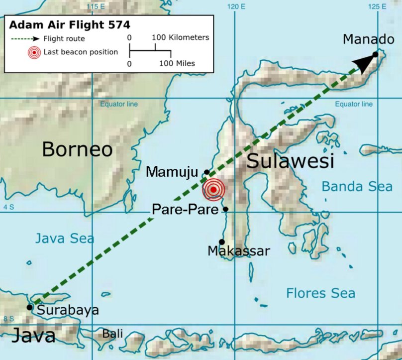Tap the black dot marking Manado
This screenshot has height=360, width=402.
point(375,54)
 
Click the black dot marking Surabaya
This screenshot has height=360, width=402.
point(30,307)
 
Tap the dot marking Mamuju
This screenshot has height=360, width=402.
point(207,172)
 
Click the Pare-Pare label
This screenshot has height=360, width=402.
point(185,210)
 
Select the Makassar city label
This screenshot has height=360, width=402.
point(238,250)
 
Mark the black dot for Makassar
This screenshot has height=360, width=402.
point(221,241)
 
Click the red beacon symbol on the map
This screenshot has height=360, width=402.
point(213,189)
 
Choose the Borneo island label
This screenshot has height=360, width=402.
point(77,149)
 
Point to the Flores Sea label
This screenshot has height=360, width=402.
point(320,293)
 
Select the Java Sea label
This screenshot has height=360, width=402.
point(64,239)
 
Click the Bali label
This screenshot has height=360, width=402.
point(112,334)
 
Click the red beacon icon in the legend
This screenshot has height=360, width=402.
point(34,52)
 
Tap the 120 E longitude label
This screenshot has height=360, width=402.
point(236,6)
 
